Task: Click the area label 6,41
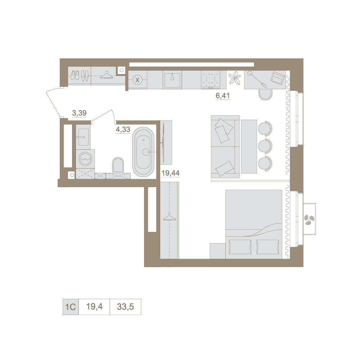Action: [x=222, y=95]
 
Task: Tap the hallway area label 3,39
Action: [x=79, y=113]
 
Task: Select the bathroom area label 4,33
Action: [x=123, y=130]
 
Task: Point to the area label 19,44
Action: [x=170, y=173]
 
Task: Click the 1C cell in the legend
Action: [x=71, y=307]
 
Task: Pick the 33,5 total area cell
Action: [x=125, y=307]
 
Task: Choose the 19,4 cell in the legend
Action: [x=94, y=307]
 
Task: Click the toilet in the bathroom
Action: [x=118, y=165]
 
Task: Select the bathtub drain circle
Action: [x=146, y=152]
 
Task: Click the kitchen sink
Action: [x=172, y=80]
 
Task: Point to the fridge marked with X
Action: [x=138, y=80]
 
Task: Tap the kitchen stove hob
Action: [x=211, y=80]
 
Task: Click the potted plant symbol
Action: [x=235, y=78]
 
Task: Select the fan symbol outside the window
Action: [x=309, y=220]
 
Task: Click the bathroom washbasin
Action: [x=83, y=137]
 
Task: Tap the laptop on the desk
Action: [x=278, y=78]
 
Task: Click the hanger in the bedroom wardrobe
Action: [x=170, y=217]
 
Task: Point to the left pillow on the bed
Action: [x=239, y=247]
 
